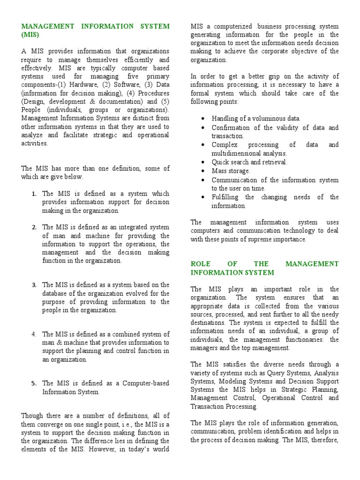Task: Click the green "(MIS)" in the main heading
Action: pos(30,35)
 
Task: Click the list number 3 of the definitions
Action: pos(34,285)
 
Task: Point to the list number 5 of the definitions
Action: pos(34,383)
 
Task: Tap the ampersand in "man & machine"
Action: pos(55,343)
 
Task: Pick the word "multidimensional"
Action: pos(237,153)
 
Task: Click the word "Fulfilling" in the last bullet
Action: pos(225,197)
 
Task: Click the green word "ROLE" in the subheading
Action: pos(200,264)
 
